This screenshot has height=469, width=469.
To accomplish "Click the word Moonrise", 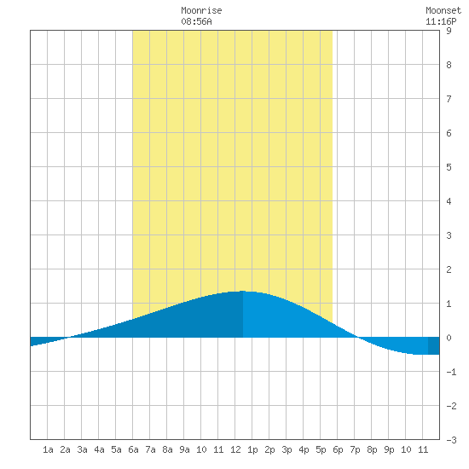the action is click(201, 10).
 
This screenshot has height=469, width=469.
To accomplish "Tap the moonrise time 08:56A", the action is click(196, 21).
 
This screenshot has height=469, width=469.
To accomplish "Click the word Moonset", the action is click(443, 10).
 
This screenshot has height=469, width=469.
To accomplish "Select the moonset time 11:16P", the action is click(441, 21).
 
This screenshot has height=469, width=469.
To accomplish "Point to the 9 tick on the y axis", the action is click(449, 31).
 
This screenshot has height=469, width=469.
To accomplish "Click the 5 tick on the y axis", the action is click(449, 167).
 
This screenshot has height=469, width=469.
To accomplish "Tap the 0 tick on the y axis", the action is click(449, 338).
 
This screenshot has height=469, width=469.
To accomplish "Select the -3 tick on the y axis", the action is click(451, 440).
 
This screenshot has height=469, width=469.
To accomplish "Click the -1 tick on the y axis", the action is click(451, 372).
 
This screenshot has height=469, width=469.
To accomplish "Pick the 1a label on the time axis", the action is click(48, 449).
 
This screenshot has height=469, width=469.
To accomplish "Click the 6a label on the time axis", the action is click(133, 449).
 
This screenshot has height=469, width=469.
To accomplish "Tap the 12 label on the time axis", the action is click(235, 449).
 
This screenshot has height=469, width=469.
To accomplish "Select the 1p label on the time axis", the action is click(252, 449).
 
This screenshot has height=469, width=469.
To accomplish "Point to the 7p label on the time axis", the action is click(355, 449).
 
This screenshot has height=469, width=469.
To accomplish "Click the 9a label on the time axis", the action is click(184, 449).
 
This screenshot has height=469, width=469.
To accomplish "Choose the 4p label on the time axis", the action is click(304, 449).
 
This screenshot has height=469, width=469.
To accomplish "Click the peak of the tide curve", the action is click(242, 291).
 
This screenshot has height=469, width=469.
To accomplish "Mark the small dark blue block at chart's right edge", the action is click(434, 345).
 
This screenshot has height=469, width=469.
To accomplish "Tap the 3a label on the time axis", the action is click(82, 449).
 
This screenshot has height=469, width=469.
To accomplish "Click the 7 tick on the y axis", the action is click(449, 99).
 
